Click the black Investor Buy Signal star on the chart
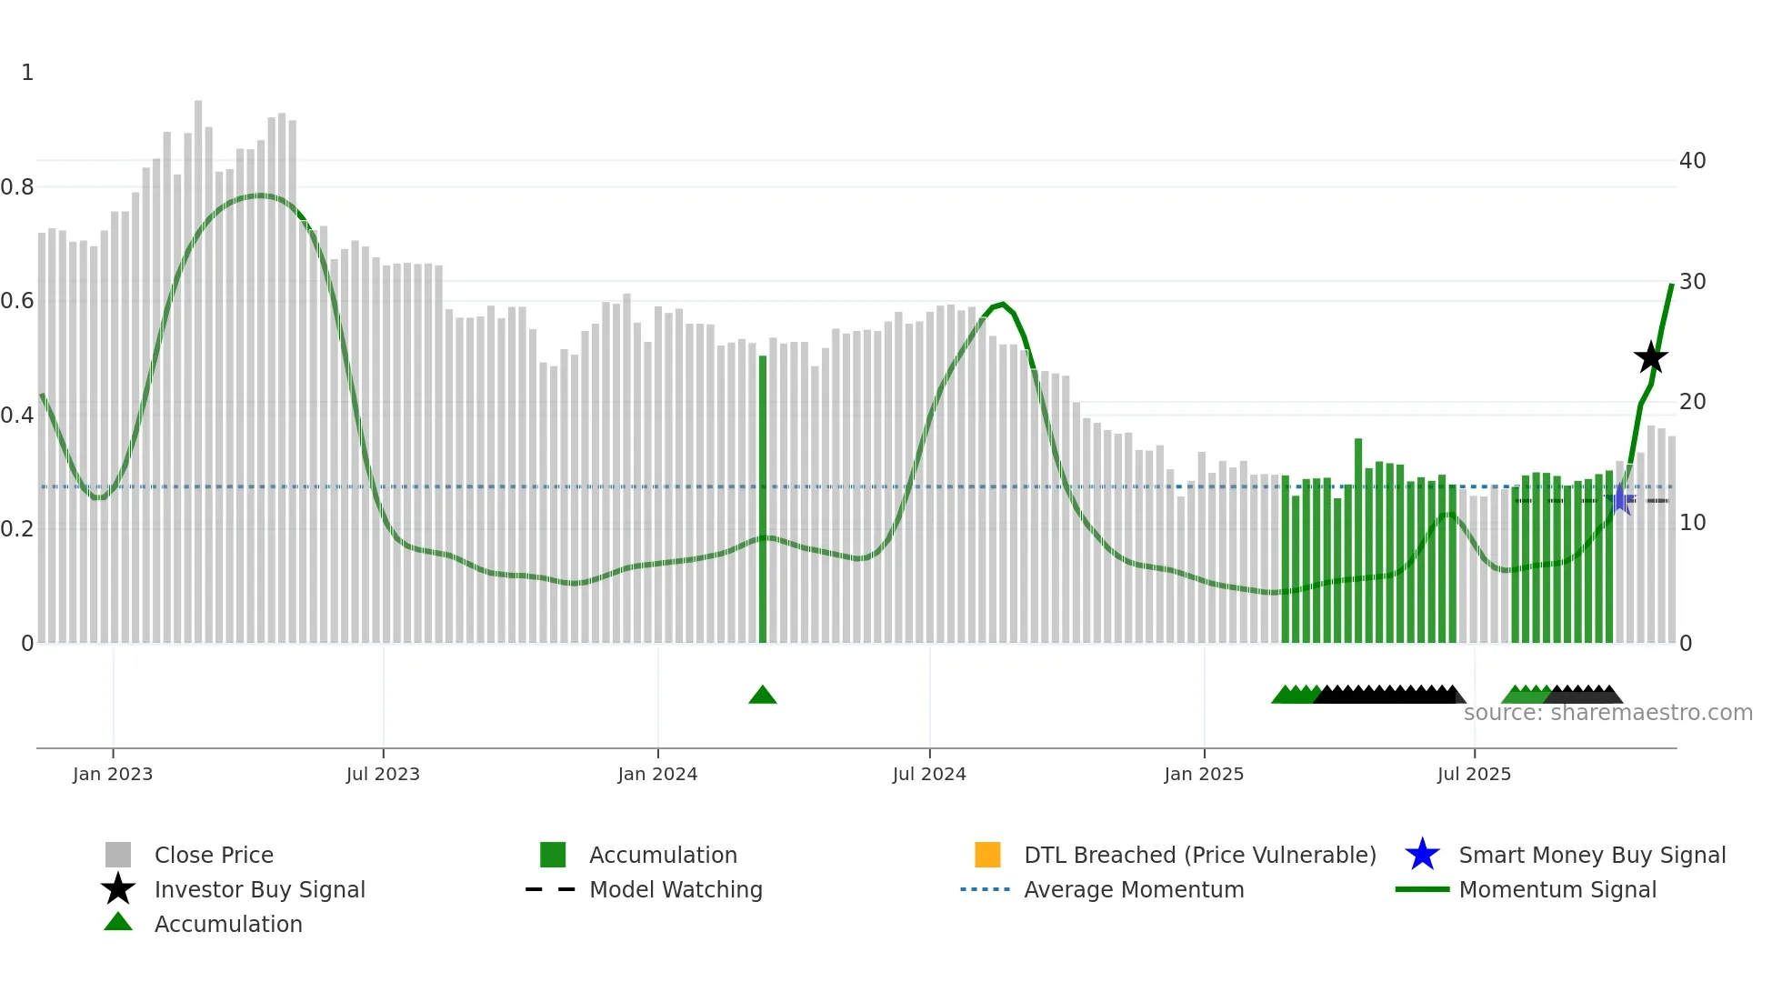1650,357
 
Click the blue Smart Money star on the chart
1620,499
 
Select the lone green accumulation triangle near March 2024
762,696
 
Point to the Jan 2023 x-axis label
113,774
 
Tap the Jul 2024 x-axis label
929,774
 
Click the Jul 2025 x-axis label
1474,774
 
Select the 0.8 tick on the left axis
17,187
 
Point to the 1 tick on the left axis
27,73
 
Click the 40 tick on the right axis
1692,161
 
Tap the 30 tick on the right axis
1692,282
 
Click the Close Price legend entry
214,855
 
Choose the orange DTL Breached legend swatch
987,855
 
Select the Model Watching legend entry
676,889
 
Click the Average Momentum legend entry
1134,889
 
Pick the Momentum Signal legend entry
1557,889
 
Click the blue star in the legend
1422,855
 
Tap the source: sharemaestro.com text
1607,713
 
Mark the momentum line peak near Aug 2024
1002,304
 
